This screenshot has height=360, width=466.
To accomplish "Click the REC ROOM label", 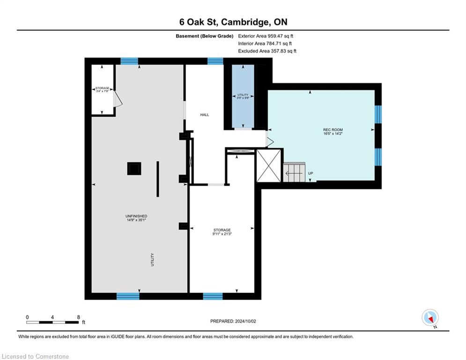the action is [x=333, y=130].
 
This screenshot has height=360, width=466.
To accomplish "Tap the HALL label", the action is [x=205, y=114].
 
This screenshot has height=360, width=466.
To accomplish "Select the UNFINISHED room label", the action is [x=136, y=216].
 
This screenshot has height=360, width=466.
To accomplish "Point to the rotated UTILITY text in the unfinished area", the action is [x=153, y=259].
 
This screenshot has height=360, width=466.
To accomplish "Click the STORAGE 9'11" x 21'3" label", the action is [x=222, y=232].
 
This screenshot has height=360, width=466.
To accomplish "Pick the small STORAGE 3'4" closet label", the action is [x=102, y=89].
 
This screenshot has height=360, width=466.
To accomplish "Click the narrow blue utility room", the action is [x=243, y=96].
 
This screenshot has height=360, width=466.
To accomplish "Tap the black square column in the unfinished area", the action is [x=134, y=168].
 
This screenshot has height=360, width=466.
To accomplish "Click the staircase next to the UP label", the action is [x=294, y=172].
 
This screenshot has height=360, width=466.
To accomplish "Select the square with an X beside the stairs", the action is [x=269, y=166].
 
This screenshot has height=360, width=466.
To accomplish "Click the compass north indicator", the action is [x=430, y=318].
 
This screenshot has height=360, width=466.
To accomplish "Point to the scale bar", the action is [x=52, y=322].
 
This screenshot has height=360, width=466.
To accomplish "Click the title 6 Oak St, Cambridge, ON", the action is [x=233, y=22].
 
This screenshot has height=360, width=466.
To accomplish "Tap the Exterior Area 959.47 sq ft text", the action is [x=266, y=36].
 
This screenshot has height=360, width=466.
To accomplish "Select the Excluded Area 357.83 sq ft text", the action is [x=267, y=51].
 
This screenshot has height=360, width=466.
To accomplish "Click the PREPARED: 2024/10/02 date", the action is [x=233, y=321].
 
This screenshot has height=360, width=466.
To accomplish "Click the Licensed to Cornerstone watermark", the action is [x=35, y=356].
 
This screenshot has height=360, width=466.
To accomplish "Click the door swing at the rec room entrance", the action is [x=270, y=140].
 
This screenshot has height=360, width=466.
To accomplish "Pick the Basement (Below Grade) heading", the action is [x=205, y=36].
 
